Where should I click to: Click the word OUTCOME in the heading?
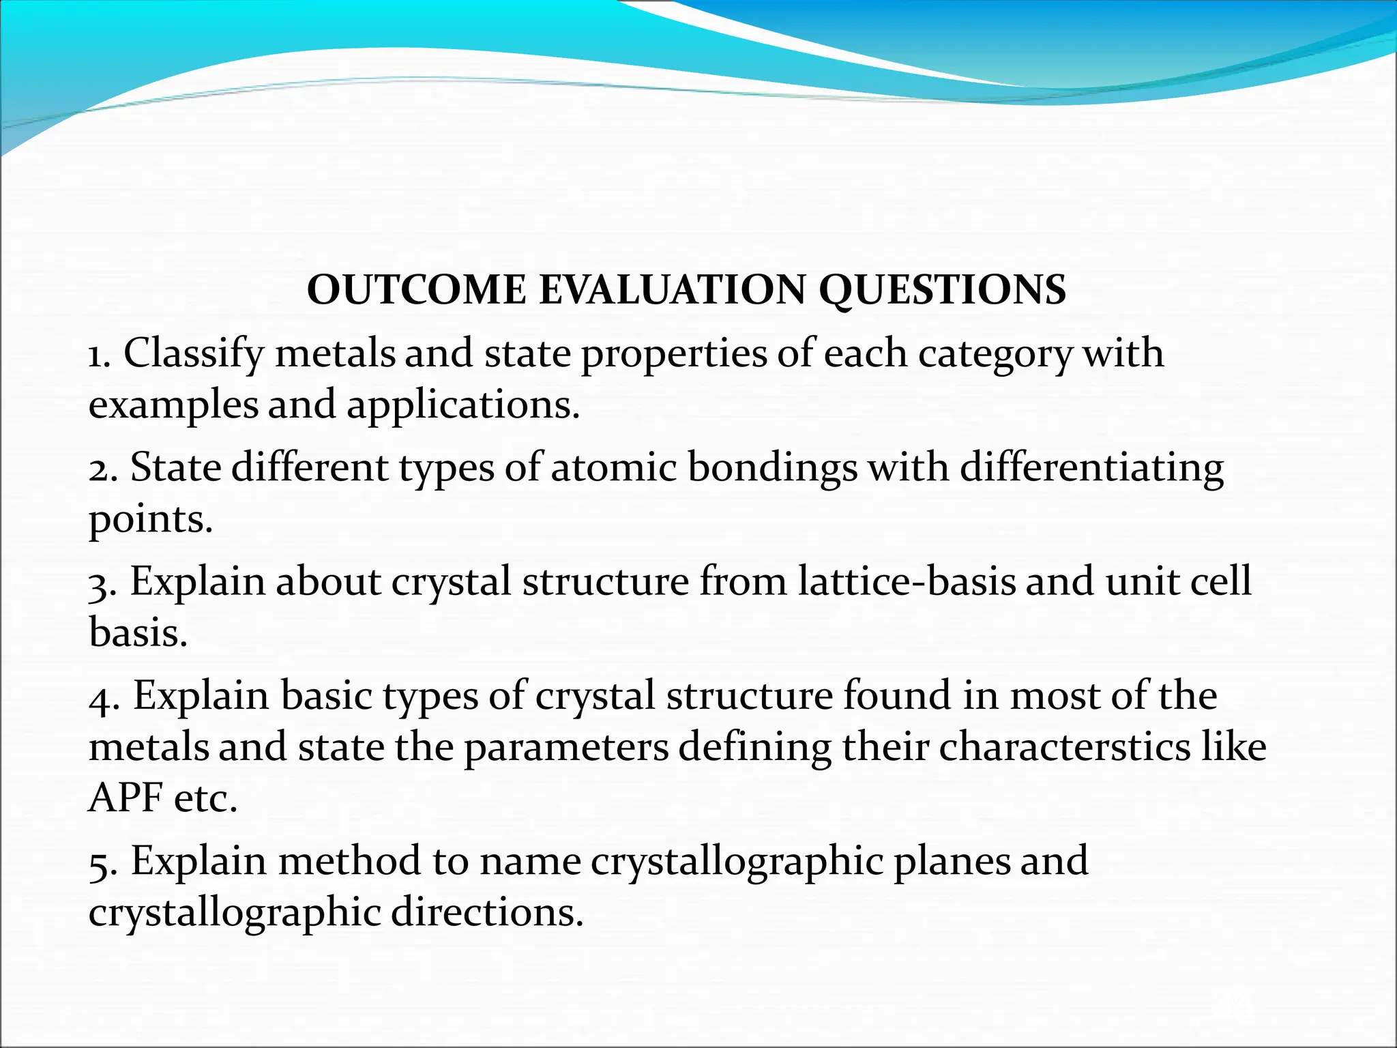coord(416,290)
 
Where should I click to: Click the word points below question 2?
coord(150,520)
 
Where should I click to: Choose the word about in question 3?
coord(328,582)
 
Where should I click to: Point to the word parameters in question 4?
coord(566,746)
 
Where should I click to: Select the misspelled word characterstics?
coord(1064,746)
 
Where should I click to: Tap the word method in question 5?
coord(350,861)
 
